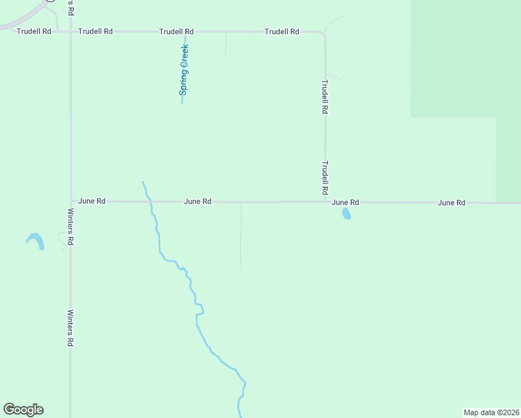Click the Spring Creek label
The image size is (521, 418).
point(185,69)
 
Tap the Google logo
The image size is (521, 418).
point(23,410)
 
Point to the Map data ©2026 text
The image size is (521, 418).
point(492,412)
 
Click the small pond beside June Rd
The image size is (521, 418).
point(346,214)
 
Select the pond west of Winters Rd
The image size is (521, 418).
point(36,240)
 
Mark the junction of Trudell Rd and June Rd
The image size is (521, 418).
point(325,202)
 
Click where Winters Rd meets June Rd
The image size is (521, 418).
point(70,201)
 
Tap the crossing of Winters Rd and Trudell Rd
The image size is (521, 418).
point(70,31)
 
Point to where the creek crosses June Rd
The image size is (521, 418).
point(149,202)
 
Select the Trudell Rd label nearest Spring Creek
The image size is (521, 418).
point(176,31)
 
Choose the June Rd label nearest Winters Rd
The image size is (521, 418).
point(92,201)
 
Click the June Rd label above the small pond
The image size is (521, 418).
point(345,202)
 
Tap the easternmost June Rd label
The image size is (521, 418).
point(451,203)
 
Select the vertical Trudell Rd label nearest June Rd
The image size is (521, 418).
point(325,178)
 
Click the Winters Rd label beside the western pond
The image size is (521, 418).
point(70,226)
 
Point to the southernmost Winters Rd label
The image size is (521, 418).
point(70,328)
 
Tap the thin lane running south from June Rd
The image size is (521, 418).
point(241,237)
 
